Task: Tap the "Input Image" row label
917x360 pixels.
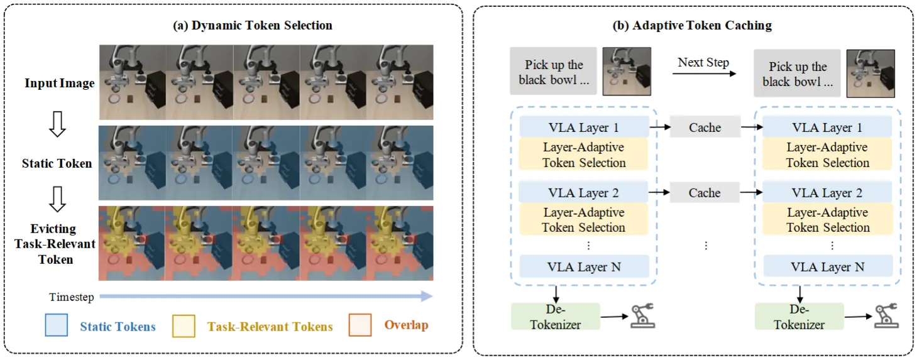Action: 60,83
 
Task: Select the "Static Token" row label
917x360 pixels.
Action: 57,163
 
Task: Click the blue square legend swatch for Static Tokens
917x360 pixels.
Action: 57,325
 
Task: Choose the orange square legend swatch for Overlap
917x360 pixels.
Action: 361,325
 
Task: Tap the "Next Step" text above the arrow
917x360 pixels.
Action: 703,63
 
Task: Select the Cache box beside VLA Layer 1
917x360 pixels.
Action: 705,128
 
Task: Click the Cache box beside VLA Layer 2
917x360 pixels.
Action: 705,193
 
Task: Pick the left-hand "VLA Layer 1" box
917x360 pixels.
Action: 584,128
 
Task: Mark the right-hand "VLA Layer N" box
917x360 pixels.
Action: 827,266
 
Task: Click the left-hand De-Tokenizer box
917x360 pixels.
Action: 556,317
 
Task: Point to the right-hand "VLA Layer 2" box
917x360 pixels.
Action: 827,193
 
